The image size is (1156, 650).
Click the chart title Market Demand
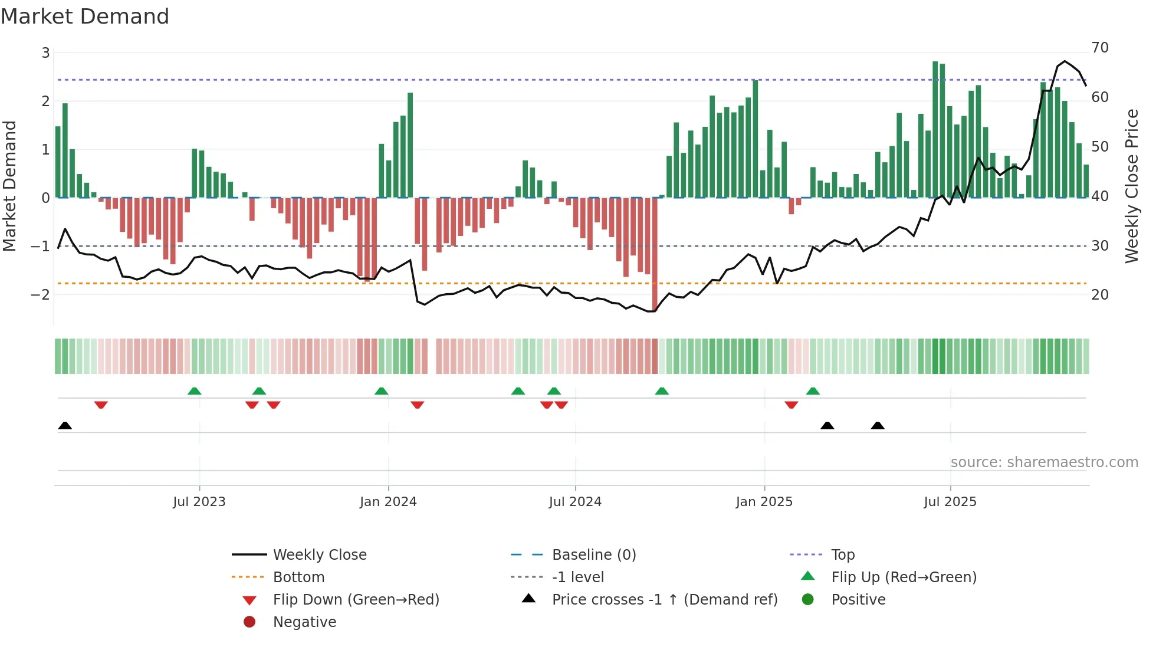point(85,17)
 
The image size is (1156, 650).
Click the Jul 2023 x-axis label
point(199,502)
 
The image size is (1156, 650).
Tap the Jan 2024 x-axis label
point(388,502)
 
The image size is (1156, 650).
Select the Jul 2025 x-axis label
point(950,502)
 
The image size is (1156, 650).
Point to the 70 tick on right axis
point(1100,48)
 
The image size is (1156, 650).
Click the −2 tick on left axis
point(40,294)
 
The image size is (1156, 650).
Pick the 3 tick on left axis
point(45,53)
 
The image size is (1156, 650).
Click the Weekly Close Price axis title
point(1131,186)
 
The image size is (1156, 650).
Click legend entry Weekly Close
point(320,555)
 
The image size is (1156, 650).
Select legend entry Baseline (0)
point(594,555)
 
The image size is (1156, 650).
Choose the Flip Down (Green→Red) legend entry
point(356,600)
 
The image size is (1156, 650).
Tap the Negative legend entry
point(304,622)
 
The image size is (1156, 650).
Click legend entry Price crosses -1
point(665,600)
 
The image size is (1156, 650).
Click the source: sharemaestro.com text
point(1044,462)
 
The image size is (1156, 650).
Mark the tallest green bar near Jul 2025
point(935,130)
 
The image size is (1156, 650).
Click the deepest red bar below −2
point(655,254)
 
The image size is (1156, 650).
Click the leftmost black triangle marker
point(65,426)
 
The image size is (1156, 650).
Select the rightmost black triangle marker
point(878,426)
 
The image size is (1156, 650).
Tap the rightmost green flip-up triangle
point(813,391)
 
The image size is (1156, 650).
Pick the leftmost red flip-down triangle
point(101,405)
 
